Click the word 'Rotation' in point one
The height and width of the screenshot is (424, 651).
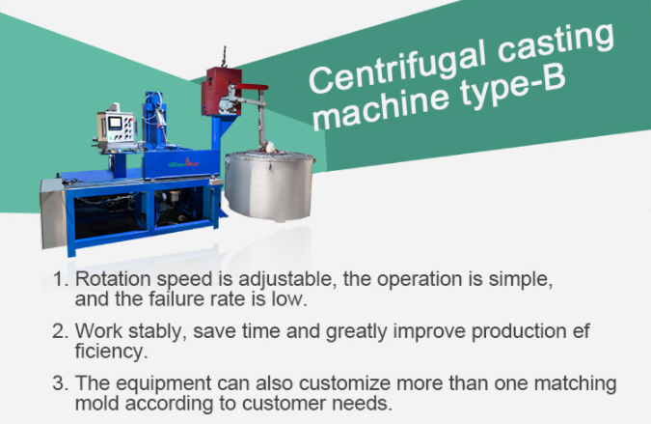[x=108, y=280]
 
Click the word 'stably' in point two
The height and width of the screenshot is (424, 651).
[x=152, y=332]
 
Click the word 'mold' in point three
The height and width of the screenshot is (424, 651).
[x=96, y=402]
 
